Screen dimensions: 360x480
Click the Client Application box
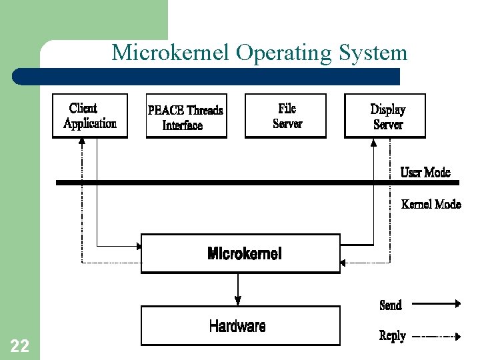[89, 116]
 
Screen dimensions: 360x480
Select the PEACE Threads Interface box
[186, 117]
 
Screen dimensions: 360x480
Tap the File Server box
[286, 116]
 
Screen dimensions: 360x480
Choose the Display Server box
[385, 116]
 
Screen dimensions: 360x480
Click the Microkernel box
[241, 253]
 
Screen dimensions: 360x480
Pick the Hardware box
[241, 325]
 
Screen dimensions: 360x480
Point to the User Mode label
[425, 173]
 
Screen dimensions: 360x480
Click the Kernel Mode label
[431, 204]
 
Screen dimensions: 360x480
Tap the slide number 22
[19, 345]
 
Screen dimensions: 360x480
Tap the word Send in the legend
[391, 305]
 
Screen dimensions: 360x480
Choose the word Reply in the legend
[392, 336]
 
